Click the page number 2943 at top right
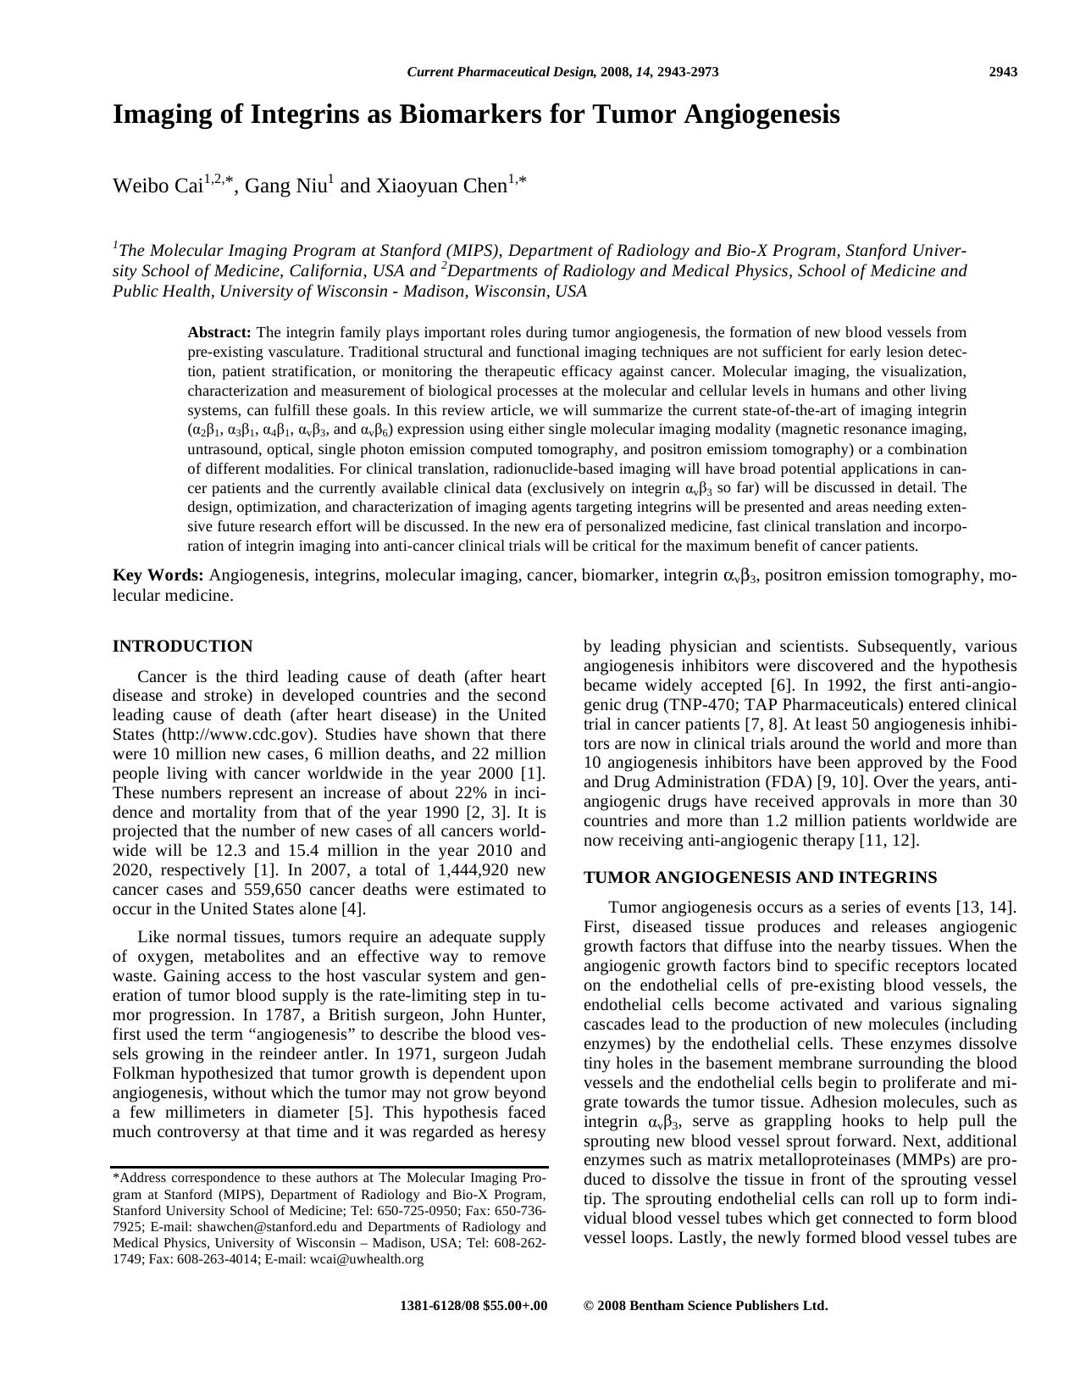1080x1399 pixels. [1003, 72]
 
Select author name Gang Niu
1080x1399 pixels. [285, 186]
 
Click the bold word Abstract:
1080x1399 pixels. [219, 332]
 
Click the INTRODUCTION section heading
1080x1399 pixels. [182, 647]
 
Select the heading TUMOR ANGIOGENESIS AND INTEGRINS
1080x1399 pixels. [760, 878]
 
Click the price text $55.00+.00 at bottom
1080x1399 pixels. [515, 1306]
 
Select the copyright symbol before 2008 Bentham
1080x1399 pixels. [589, 1306]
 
